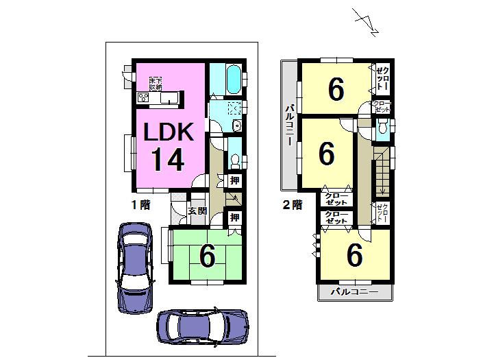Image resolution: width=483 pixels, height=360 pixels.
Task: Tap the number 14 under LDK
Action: pyautogui.click(x=166, y=159)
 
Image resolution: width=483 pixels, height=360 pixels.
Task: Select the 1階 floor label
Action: pyautogui.click(x=141, y=204)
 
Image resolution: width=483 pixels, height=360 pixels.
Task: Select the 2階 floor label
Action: pyautogui.click(x=293, y=204)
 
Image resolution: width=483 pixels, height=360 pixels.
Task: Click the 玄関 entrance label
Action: pyautogui.click(x=197, y=211)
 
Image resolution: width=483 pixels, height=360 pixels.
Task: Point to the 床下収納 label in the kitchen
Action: pyautogui.click(x=156, y=84)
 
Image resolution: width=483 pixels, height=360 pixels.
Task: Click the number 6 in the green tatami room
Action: pyautogui.click(x=207, y=255)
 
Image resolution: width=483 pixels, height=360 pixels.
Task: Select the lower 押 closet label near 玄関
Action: pyautogui.click(x=234, y=218)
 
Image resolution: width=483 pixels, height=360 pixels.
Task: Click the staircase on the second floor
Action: pyautogui.click(x=382, y=171)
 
